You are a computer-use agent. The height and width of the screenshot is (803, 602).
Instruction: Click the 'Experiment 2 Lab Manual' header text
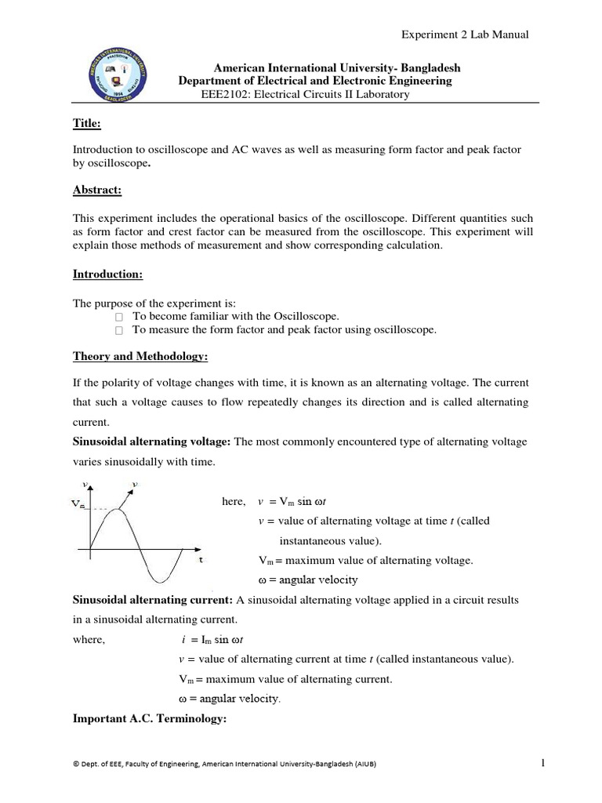pos(465,35)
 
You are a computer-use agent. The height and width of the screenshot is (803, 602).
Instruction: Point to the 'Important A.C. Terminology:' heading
pos(149,716)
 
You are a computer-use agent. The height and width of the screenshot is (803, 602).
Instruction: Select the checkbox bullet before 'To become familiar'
pos(118,316)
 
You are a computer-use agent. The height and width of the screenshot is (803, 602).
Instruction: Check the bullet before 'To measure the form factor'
pos(118,331)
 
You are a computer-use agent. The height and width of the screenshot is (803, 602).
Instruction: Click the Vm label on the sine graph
pos(78,505)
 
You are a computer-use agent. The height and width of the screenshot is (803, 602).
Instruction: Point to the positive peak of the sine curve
pos(117,510)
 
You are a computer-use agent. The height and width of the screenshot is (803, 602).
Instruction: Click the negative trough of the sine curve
pos(160,583)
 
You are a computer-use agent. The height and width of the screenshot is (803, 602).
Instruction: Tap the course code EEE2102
pos(227,95)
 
